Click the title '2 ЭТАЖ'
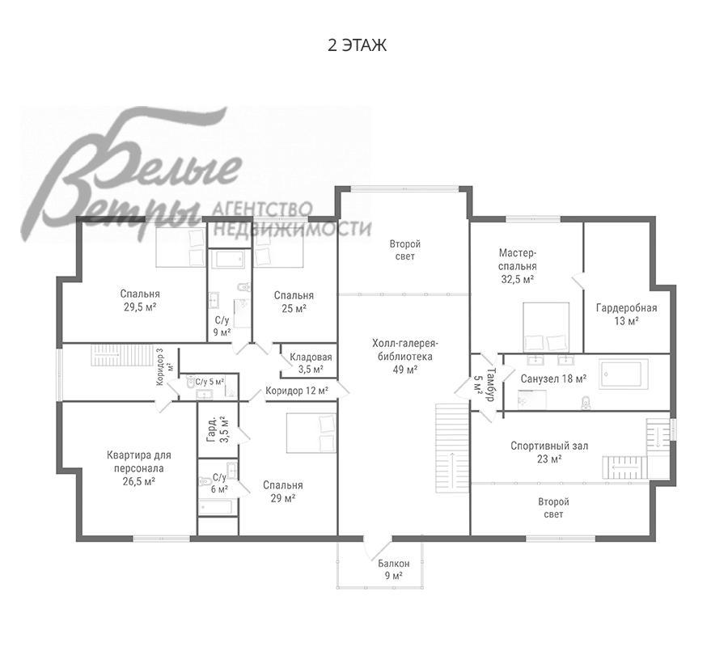(x=357, y=45)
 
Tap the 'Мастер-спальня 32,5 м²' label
(x=517, y=266)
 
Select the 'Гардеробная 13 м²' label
(x=626, y=315)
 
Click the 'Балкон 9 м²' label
(x=394, y=569)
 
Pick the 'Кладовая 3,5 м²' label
(x=311, y=363)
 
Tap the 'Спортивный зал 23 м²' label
(x=549, y=453)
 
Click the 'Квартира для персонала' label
(x=139, y=461)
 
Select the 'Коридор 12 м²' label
(x=297, y=391)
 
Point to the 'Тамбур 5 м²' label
(x=485, y=385)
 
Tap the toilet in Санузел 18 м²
(x=586, y=403)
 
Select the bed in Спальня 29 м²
(x=311, y=433)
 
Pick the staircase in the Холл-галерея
(x=451, y=448)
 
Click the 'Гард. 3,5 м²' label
(x=218, y=429)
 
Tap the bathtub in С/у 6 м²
(x=215, y=507)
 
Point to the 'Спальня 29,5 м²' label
(x=140, y=300)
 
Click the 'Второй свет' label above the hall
(x=405, y=250)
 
